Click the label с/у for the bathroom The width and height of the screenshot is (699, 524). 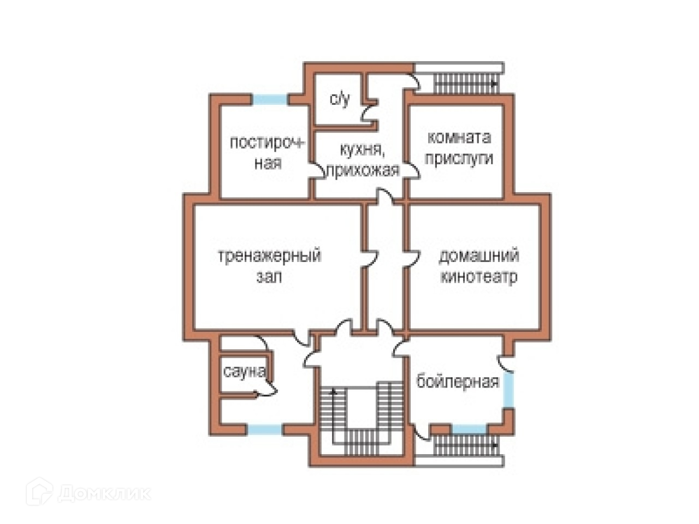tap(340, 99)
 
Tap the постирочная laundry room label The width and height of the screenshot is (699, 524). tap(267, 152)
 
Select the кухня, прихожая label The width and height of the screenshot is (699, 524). tap(362, 159)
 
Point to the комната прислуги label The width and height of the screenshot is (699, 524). tap(459, 147)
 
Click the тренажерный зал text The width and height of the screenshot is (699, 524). tap(269, 265)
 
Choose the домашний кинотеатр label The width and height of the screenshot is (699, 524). tap(478, 266)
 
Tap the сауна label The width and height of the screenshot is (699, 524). tap(244, 372)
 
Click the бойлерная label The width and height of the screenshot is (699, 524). tap(458, 380)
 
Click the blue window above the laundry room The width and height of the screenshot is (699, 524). tap(270, 100)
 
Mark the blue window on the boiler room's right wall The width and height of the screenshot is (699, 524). tap(508, 388)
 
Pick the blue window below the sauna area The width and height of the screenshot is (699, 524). tap(265, 430)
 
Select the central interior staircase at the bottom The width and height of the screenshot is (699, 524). tap(361, 420)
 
